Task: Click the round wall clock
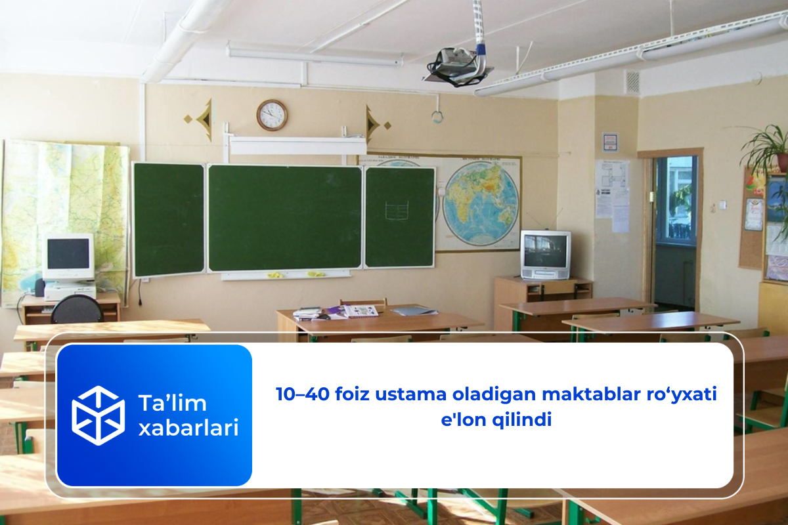tap(272, 115)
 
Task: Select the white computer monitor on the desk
tap(68, 256)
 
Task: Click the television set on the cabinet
tap(546, 255)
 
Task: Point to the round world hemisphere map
tap(481, 203)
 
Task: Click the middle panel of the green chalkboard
tap(285, 218)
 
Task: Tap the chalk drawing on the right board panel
tap(397, 210)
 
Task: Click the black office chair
tap(77, 310)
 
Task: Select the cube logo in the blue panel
tap(98, 415)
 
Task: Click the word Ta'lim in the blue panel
tap(172, 403)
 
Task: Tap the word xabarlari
tap(188, 428)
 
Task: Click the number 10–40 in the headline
tap(303, 394)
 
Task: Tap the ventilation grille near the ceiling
tap(633, 82)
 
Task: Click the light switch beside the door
tap(722, 204)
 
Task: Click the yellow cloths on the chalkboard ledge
tap(295, 274)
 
